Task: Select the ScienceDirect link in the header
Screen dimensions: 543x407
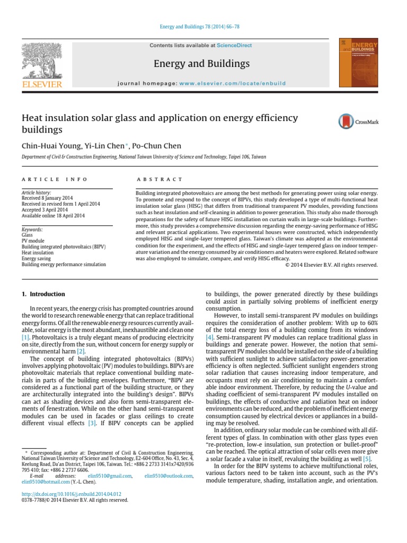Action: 234,46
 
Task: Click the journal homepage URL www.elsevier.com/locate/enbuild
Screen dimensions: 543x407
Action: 232,83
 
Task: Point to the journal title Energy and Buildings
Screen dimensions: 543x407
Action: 201,64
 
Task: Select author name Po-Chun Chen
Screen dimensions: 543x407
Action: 157,146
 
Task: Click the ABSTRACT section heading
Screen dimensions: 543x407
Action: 160,180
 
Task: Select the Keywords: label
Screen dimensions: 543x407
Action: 32,230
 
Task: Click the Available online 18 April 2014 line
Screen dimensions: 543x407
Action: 52,216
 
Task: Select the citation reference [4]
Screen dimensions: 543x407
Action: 210,337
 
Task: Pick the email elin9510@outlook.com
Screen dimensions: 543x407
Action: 169,476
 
